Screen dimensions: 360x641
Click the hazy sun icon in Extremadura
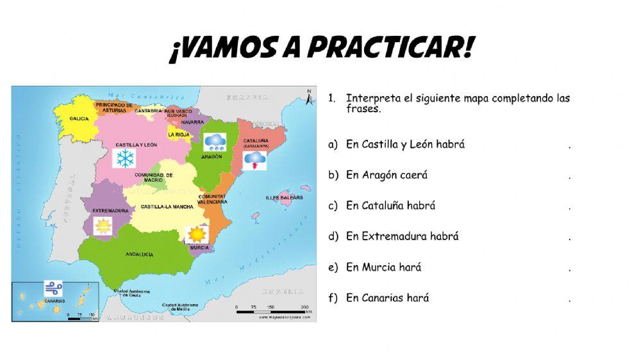pyautogui.click(x=103, y=226)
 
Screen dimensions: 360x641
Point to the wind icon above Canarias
pyautogui.click(x=53, y=288)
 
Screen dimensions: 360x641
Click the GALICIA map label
pyautogui.click(x=79, y=119)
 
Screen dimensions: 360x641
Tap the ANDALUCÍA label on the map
pyautogui.click(x=139, y=254)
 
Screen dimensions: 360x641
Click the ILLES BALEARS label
pyautogui.click(x=283, y=197)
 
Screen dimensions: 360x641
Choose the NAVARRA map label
pyautogui.click(x=192, y=122)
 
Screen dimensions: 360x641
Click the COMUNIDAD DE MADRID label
pyautogui.click(x=154, y=177)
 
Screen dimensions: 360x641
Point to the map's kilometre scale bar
pyautogui.click(x=272, y=311)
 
